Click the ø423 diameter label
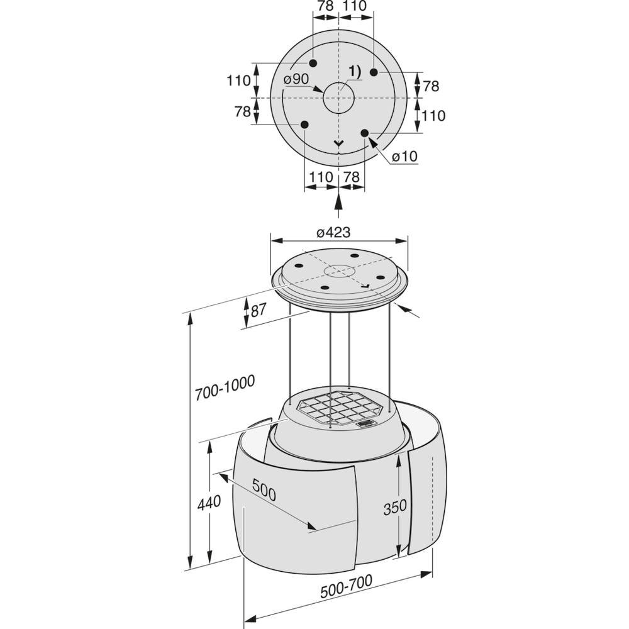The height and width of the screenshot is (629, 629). click(333, 232)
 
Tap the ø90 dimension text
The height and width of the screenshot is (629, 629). click(296, 79)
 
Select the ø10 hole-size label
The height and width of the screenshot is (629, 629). click(404, 156)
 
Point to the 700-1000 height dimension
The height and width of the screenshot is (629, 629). click(225, 387)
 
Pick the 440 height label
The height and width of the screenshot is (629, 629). click(209, 502)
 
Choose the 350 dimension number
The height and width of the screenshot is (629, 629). click(395, 508)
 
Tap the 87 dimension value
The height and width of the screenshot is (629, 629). click(259, 311)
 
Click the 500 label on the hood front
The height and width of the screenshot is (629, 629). click(264, 490)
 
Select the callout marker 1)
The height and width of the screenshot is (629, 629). click(355, 72)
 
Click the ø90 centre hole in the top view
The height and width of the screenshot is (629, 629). click(339, 98)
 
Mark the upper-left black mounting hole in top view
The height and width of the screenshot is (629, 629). click(313, 63)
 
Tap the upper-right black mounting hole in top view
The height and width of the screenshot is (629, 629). click(374, 72)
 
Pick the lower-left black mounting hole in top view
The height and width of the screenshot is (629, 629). click(304, 125)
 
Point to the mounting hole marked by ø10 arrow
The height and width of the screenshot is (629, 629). click(365, 133)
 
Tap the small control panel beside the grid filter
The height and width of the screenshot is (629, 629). click(365, 423)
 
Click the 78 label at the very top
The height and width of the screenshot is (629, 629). click(325, 6)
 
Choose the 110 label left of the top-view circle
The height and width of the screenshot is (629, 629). click(238, 81)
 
